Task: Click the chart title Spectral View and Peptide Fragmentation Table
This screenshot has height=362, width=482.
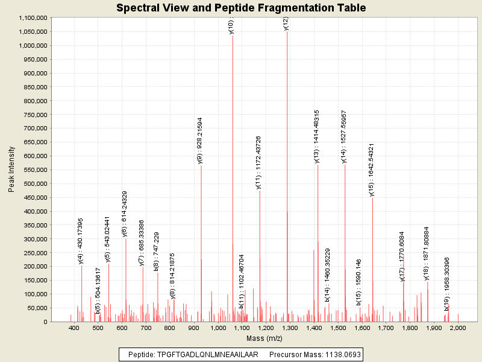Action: (241, 8)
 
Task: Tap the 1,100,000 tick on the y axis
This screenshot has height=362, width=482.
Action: (33, 18)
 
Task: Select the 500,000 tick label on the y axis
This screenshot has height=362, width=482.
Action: (36, 183)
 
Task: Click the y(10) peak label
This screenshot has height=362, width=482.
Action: (231, 27)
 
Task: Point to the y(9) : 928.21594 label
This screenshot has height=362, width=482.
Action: (200, 140)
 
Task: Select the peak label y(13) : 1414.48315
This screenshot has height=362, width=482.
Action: (316, 136)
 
